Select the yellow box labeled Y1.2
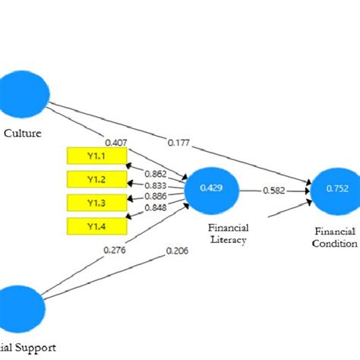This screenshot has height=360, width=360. pos(96,178)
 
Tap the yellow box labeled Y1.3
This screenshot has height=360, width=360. pos(96,202)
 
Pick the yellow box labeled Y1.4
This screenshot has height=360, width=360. pos(96,226)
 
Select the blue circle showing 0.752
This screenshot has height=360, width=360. pos(333,189)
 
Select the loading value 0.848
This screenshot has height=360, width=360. pos(155,207)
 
